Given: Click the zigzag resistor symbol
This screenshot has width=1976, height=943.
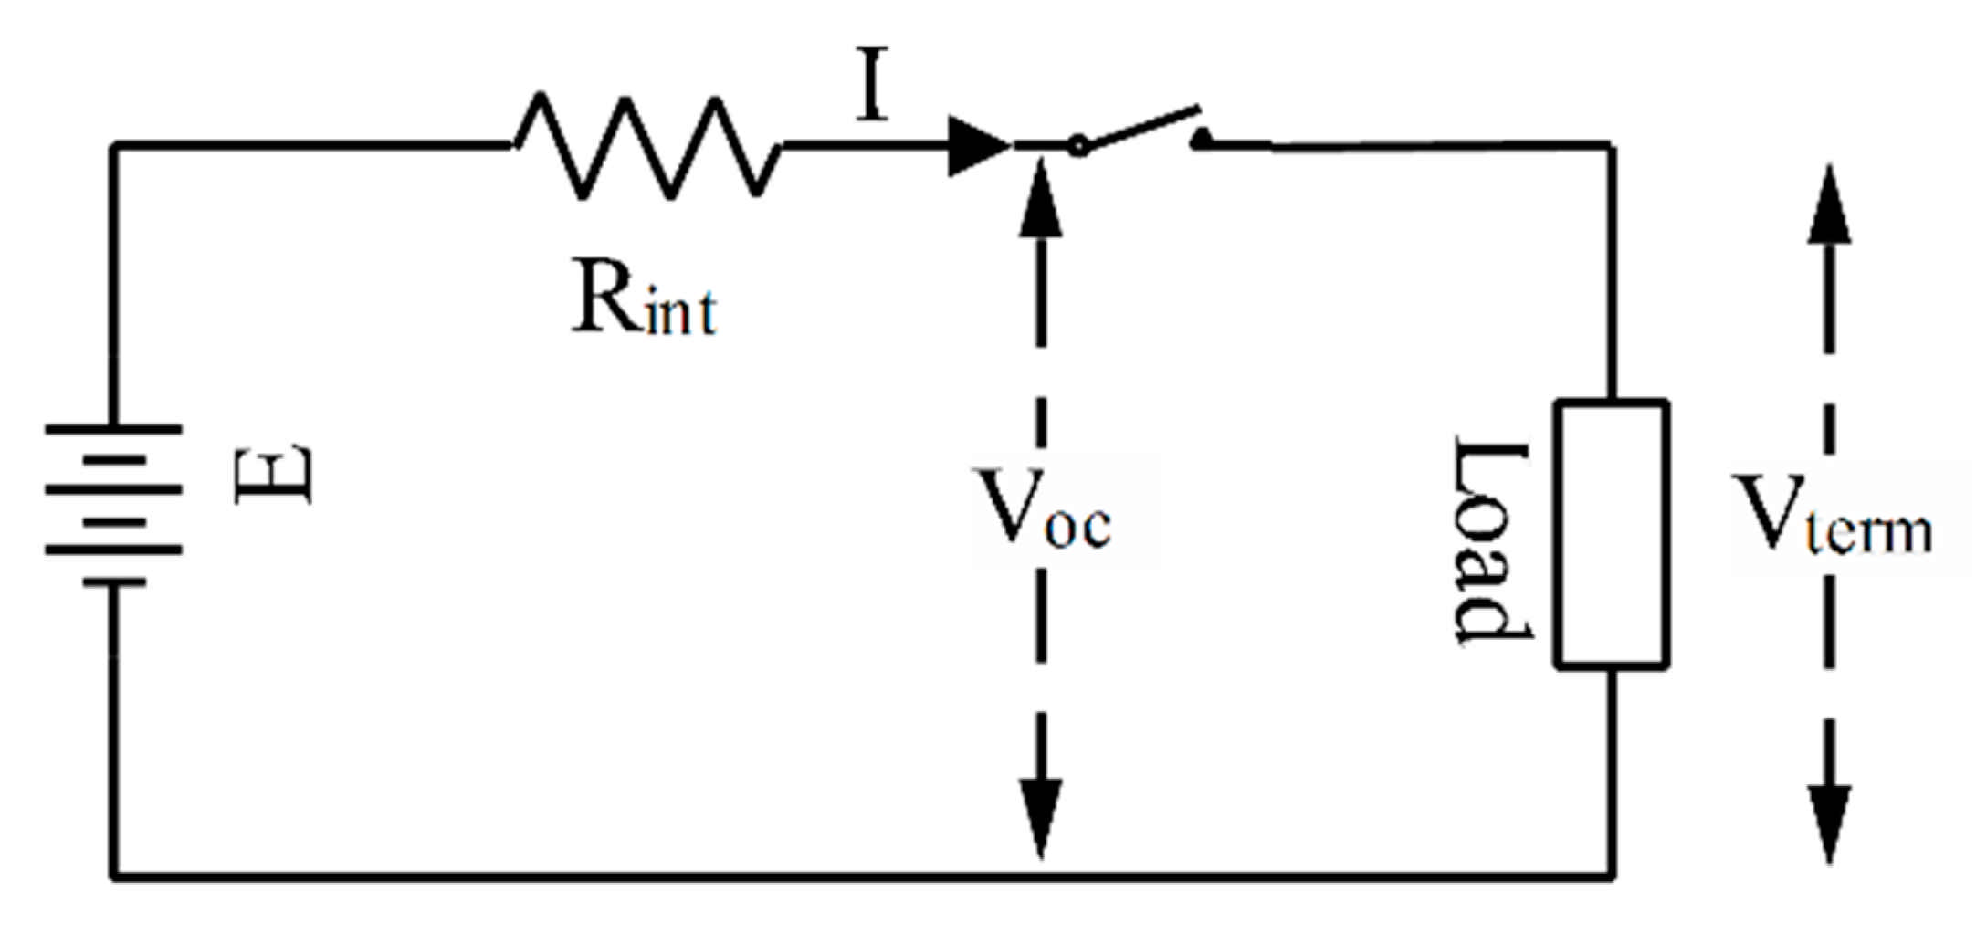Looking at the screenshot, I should tap(646, 146).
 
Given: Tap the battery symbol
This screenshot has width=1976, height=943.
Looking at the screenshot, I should tap(114, 504).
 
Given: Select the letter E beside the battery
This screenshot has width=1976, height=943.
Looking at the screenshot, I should tap(273, 475).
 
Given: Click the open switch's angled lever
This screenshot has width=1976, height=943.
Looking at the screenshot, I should tap(1141, 127).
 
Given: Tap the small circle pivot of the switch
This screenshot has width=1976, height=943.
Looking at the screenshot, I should tap(1078, 146).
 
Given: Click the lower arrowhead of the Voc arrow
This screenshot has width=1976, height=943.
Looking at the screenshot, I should tap(1041, 817).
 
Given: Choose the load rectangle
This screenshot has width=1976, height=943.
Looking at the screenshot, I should tap(1613, 534).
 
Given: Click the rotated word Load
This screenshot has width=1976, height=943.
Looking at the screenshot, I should tap(1489, 542).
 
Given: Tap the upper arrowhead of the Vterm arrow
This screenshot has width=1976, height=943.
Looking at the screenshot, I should tap(1829, 204).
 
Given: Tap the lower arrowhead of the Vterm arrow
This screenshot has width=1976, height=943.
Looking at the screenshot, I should tap(1829, 822).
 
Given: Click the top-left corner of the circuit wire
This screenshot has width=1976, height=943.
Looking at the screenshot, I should tap(114, 145).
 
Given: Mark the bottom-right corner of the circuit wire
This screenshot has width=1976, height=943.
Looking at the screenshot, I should tap(1613, 876).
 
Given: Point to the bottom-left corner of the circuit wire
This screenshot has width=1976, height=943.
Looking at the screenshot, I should tap(114, 876).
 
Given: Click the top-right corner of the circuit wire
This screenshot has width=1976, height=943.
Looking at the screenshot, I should tap(1613, 145).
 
